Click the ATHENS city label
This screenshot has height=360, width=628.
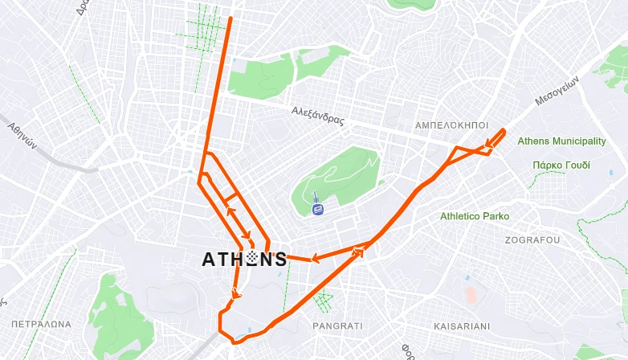coord(244,259)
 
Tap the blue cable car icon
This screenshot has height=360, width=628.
coord(318,209)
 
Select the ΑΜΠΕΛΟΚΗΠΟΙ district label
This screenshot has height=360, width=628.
coord(451,126)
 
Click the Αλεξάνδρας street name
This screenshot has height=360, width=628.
coord(318,117)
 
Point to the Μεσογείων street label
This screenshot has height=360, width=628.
coord(557,91)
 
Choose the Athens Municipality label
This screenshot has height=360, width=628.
coord(561,141)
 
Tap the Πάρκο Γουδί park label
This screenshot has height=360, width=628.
coord(561,165)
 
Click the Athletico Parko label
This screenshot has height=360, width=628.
coord(475,216)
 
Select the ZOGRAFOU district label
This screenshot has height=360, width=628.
coord(532,240)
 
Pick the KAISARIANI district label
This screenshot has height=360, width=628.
coord(461,326)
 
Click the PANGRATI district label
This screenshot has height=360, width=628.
coord(337,326)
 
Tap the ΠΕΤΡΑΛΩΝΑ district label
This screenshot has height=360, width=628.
coord(41,325)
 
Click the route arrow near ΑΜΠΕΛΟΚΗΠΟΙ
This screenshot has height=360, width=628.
coord(487,145)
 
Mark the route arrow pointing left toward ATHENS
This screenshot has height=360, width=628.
coord(316,259)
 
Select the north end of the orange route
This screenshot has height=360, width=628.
coord(231,18)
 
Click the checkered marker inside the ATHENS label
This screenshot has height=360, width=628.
coord(253,259)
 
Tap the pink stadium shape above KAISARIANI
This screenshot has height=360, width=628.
coord(471,293)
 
